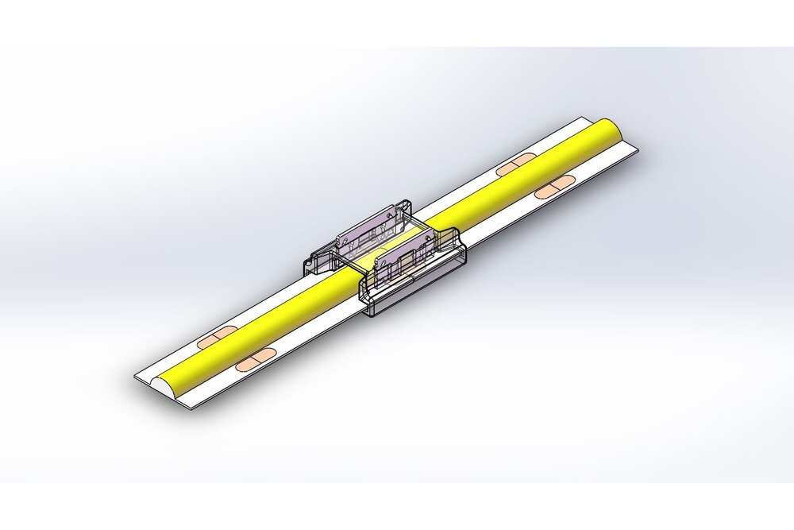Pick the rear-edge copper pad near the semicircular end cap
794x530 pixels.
[213, 340]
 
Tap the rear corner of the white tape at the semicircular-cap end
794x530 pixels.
[135, 374]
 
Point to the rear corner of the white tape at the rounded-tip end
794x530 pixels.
[578, 119]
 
